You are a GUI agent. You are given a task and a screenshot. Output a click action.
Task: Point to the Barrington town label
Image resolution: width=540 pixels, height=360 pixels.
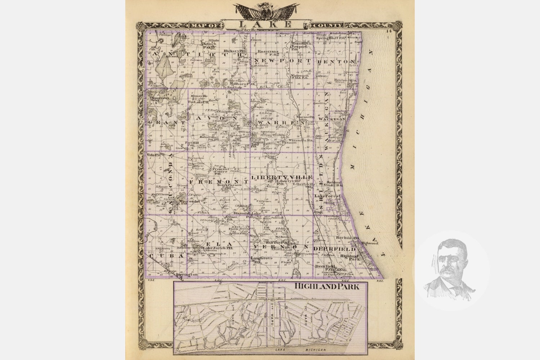[x=187, y=275]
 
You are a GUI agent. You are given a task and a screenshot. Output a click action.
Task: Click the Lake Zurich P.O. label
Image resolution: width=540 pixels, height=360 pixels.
[x=215, y=248]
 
